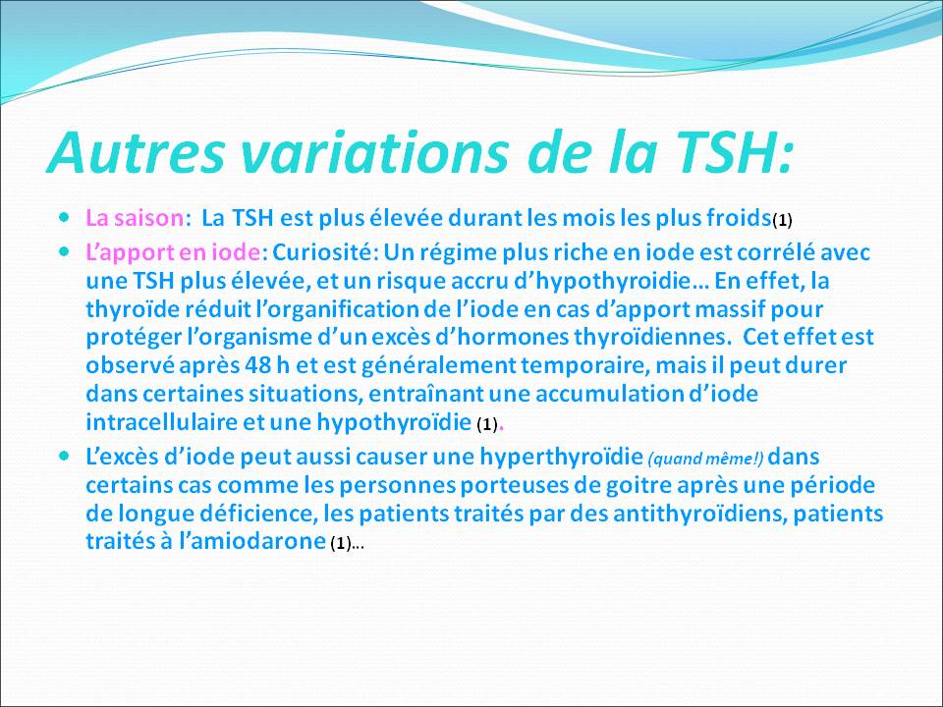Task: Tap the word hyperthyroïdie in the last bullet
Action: click(561, 457)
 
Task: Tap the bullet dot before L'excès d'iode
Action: click(65, 456)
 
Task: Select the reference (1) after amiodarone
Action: click(339, 544)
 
